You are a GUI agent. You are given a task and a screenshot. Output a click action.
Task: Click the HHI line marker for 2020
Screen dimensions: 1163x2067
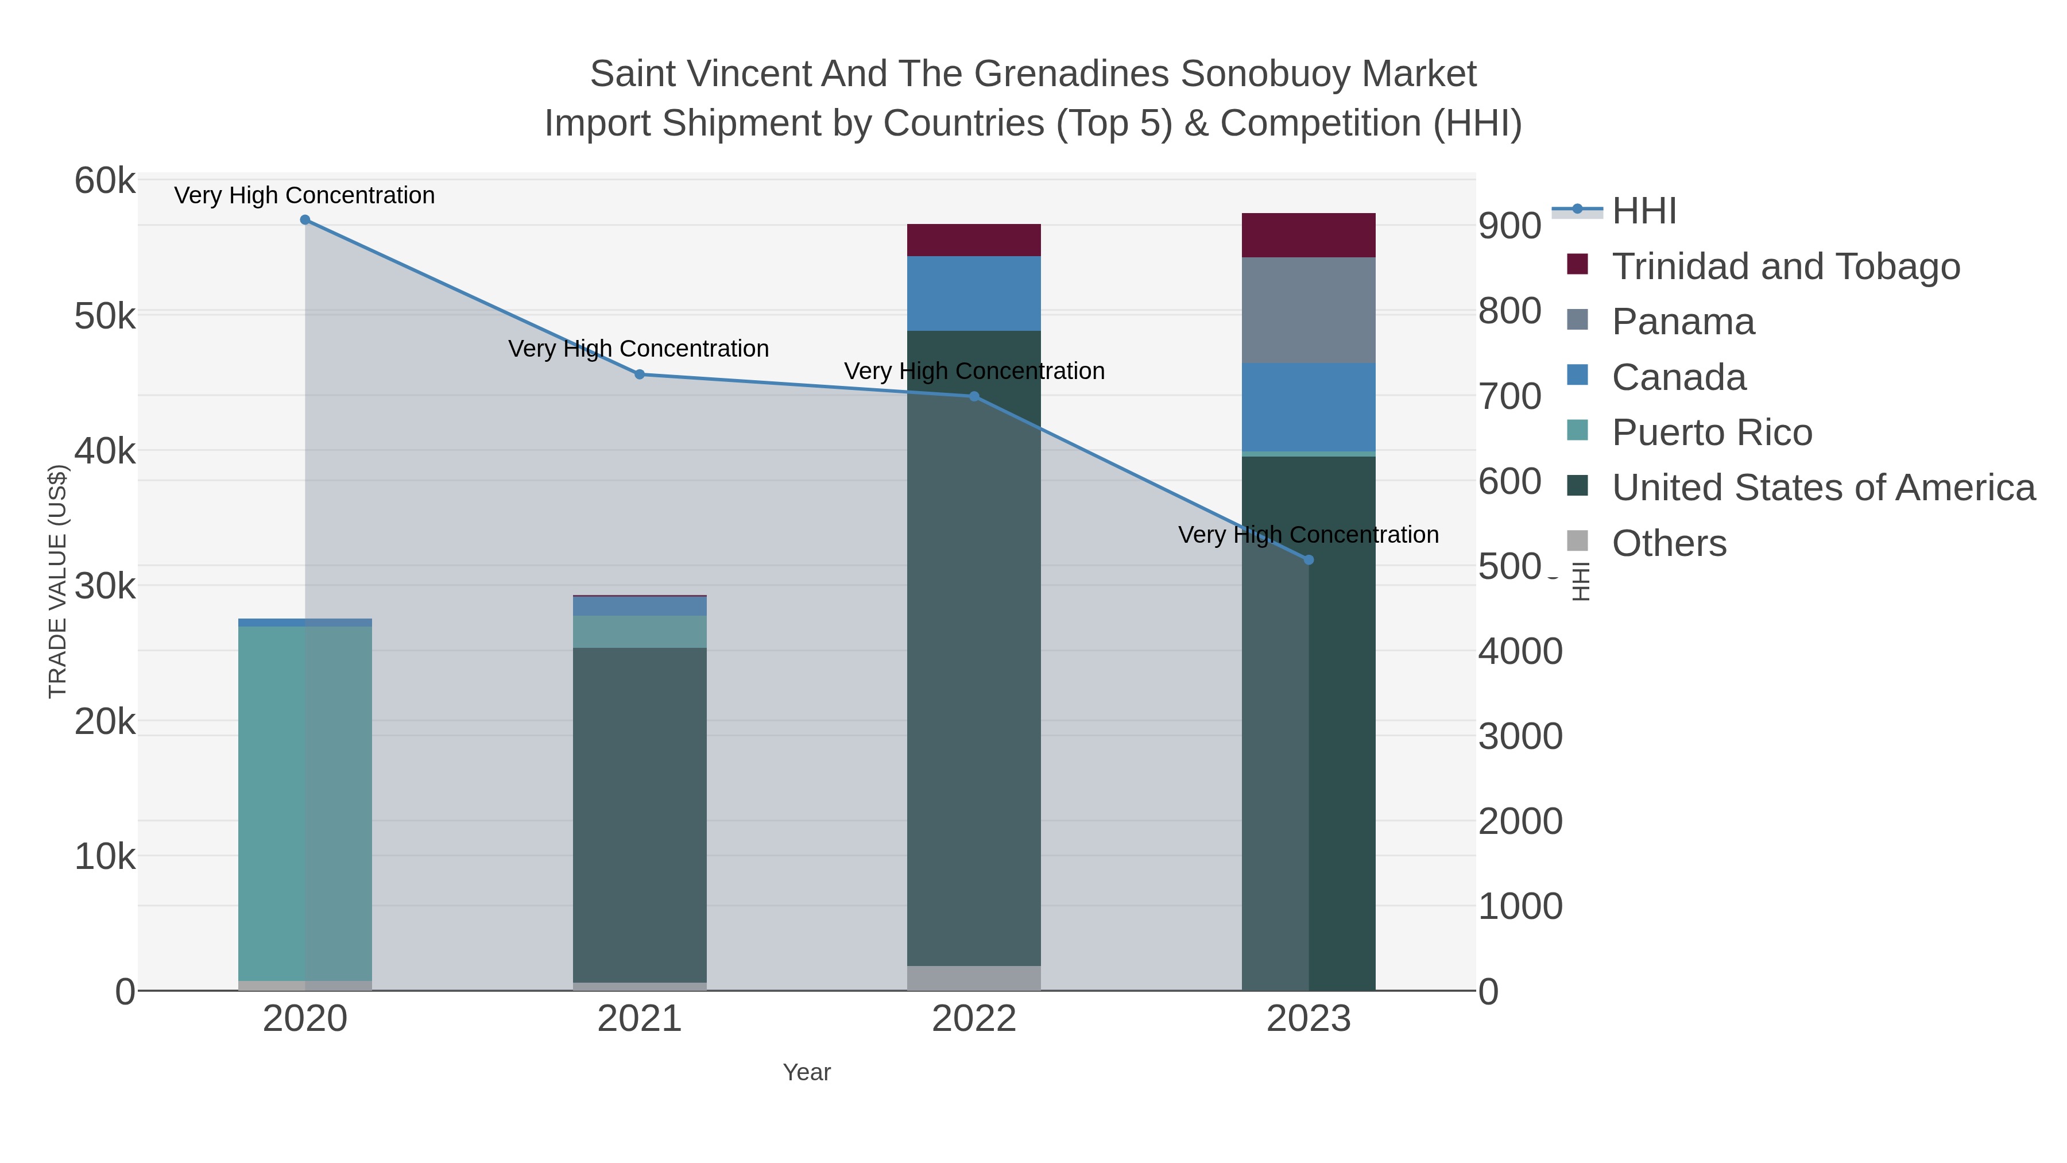305,220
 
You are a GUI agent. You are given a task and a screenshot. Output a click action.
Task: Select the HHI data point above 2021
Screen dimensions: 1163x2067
640,374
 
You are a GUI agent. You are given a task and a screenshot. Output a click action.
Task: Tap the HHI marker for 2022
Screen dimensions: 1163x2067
974,396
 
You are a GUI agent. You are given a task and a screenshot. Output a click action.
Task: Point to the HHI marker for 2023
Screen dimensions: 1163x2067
1309,560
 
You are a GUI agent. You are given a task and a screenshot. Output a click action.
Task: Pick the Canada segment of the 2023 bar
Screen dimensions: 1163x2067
1308,407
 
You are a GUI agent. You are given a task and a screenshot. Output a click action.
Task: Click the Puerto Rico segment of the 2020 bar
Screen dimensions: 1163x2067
305,803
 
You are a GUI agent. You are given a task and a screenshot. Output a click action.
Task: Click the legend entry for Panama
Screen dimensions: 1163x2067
1683,322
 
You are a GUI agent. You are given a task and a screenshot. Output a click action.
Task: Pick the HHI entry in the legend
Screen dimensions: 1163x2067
1643,211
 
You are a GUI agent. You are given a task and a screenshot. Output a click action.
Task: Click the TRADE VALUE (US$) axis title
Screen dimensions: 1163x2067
58,581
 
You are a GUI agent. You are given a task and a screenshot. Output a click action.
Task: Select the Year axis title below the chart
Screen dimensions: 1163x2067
807,1072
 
